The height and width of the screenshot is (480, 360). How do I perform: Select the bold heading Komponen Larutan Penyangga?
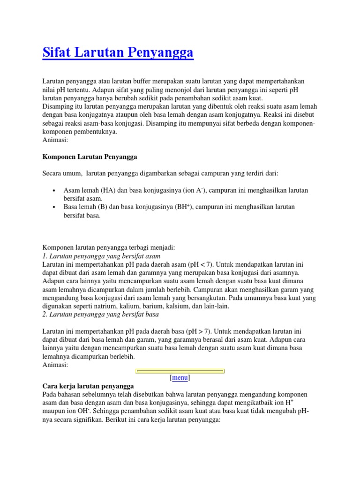point(90,157)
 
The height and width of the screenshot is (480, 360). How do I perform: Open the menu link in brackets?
point(180,377)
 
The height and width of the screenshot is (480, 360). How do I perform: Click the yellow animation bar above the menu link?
point(180,371)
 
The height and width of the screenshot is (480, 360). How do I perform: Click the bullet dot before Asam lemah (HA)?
point(55,191)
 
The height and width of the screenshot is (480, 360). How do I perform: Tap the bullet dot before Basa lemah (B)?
point(55,207)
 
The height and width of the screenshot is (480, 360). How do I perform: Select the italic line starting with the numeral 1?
point(101,256)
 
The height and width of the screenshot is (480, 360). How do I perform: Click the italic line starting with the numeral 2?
point(101,315)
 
